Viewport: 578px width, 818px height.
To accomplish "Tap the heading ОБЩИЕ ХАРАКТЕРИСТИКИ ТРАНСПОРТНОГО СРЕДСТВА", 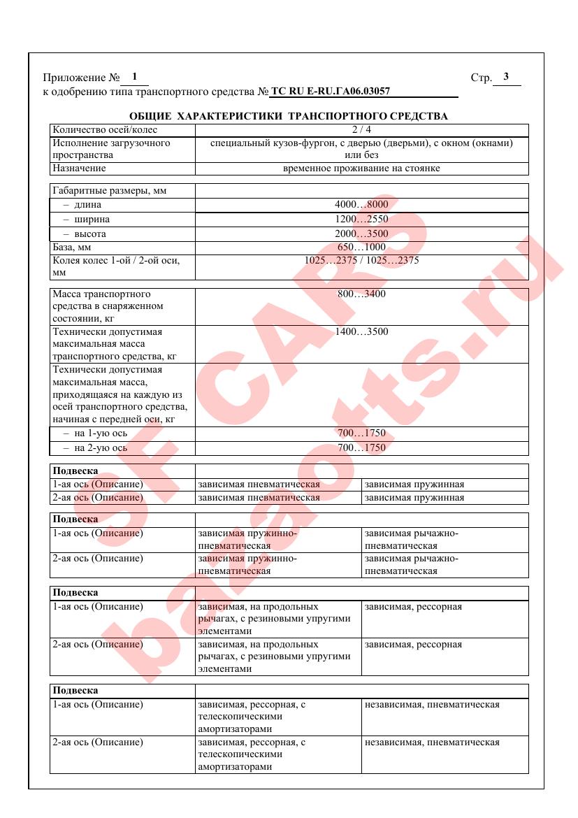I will click(x=289, y=116).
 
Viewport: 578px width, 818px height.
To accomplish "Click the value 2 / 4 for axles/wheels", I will click(x=361, y=129).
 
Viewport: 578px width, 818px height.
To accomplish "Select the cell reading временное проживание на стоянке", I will click(x=361, y=168).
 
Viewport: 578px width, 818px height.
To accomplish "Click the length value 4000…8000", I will click(x=361, y=205).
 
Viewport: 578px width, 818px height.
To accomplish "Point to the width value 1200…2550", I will click(x=361, y=219).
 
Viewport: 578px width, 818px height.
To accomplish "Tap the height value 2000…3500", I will click(x=361, y=234).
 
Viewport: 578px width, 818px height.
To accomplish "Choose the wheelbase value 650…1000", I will click(x=361, y=247).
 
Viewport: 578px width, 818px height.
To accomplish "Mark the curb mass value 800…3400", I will click(x=361, y=294).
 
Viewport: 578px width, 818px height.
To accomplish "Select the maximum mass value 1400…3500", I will click(x=361, y=331).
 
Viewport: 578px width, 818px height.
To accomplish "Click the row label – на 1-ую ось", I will click(x=95, y=433).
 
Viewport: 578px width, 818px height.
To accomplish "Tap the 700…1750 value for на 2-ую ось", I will click(x=361, y=448).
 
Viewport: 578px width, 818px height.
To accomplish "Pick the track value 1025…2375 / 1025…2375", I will click(x=361, y=260).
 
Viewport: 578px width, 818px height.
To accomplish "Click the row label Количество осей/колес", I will click(x=106, y=129).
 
